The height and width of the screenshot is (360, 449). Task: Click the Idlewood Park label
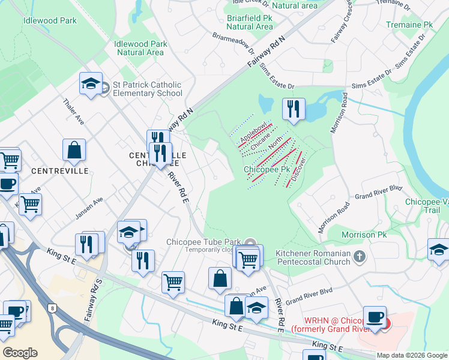pyautogui.click(x=50, y=20)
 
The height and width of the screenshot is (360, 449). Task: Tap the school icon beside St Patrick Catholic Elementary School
pyautogui.click(x=91, y=85)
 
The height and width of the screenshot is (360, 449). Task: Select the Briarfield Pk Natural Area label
pyautogui.click(x=250, y=22)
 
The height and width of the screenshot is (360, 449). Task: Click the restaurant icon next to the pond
pyautogui.click(x=294, y=109)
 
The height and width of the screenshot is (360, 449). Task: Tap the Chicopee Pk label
pyautogui.click(x=263, y=170)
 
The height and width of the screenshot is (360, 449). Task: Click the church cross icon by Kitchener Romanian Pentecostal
pyautogui.click(x=359, y=257)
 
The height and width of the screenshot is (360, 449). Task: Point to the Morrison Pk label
pyautogui.click(x=362, y=234)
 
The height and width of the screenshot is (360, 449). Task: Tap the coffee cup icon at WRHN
pyautogui.click(x=376, y=317)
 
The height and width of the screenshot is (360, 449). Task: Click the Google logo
pyautogui.click(x=20, y=353)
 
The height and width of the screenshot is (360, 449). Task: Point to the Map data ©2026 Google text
pyautogui.click(x=411, y=355)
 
